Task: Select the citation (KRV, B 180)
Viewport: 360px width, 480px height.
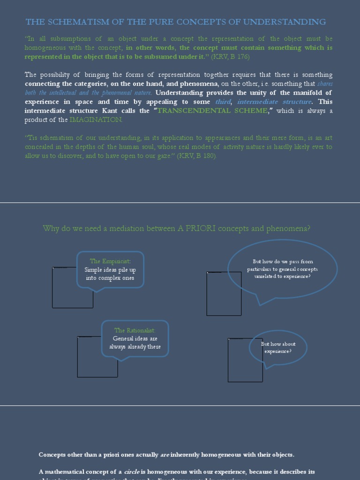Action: pyautogui.click(x=197, y=156)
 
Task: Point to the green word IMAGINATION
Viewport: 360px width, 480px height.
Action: pyautogui.click(x=96, y=120)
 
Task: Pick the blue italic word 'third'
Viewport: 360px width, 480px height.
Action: pyautogui.click(x=223, y=102)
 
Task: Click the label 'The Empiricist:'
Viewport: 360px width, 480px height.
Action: pyautogui.click(x=110, y=261)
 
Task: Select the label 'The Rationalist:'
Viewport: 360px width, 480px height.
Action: pyautogui.click(x=135, y=330)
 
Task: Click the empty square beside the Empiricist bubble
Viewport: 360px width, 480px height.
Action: pyautogui.click(x=73, y=287)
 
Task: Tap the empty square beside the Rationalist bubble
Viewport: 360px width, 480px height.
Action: pyautogui.click(x=97, y=357)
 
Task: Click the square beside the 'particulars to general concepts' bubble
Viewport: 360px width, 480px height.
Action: pyautogui.click(x=224, y=293)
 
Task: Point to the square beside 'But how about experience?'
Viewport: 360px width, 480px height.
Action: pyautogui.click(x=245, y=360)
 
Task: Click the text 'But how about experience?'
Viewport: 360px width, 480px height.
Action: pyautogui.click(x=278, y=347)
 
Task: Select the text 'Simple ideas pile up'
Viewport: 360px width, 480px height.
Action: pyautogui.click(x=110, y=270)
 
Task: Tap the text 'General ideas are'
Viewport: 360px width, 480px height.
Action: pyautogui.click(x=135, y=338)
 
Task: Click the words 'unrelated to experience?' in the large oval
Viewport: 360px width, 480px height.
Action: pyautogui.click(x=282, y=277)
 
